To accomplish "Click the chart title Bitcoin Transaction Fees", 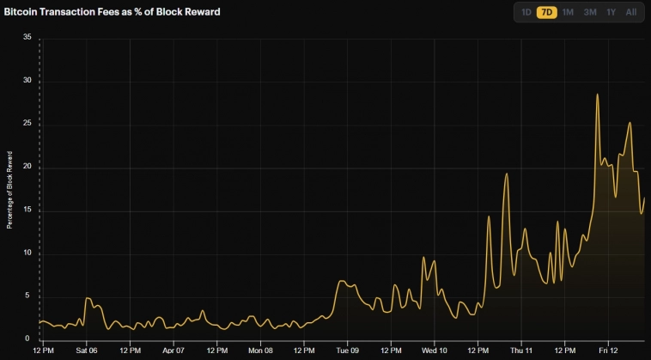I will click(x=112, y=12).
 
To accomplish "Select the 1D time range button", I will click(x=526, y=12).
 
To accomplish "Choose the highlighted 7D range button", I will click(x=546, y=12).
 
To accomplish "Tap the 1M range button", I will click(x=568, y=12).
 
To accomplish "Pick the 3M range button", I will click(x=590, y=12).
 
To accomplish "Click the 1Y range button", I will click(x=611, y=12).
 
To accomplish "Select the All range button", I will click(x=631, y=12).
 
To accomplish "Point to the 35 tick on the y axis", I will click(x=27, y=38).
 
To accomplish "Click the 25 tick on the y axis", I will click(x=27, y=124).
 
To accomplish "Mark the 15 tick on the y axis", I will click(x=27, y=211).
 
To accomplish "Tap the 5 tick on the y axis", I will click(x=29, y=296).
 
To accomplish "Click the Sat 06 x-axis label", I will click(x=87, y=351).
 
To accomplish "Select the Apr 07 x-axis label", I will click(x=173, y=351).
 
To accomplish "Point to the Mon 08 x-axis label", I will click(x=260, y=351).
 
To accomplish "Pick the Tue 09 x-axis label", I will click(x=347, y=351).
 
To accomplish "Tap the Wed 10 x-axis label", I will click(x=435, y=351).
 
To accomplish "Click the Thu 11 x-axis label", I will click(x=521, y=351).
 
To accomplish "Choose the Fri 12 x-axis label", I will click(x=608, y=351).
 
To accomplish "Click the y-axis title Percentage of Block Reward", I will click(x=10, y=190).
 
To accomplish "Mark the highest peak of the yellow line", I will click(x=597, y=95).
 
